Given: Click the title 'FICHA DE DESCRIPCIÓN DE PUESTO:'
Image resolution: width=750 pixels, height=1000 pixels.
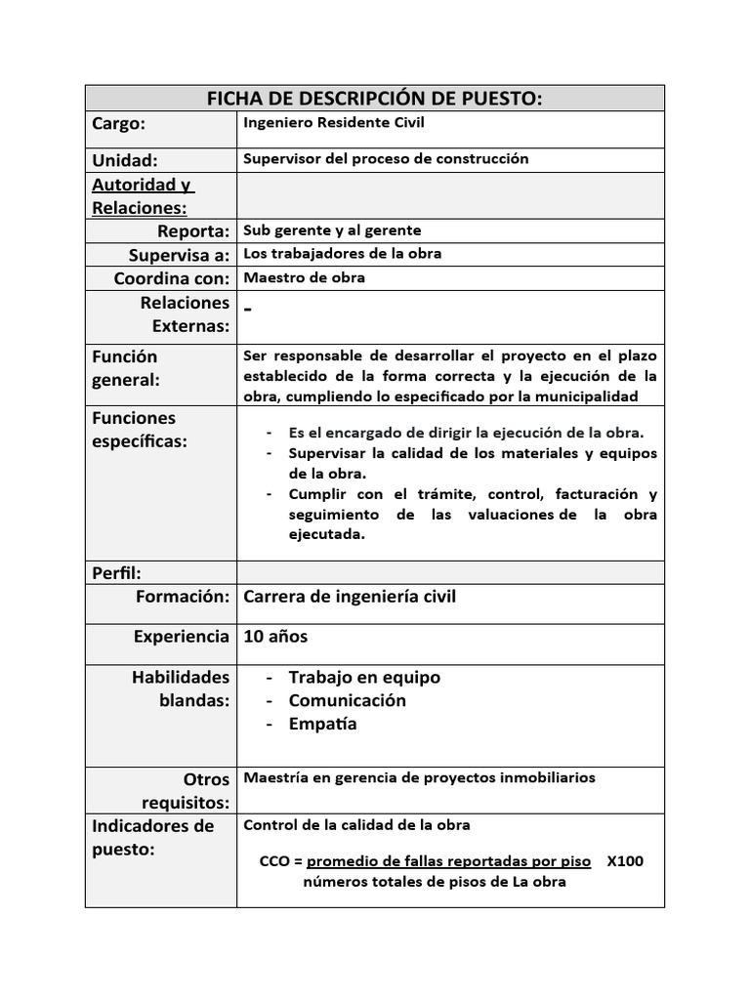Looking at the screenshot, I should point(374,98).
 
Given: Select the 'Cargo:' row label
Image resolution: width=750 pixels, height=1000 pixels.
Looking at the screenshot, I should point(118,124).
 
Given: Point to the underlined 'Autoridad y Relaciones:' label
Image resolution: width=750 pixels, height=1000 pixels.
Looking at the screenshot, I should point(143,196).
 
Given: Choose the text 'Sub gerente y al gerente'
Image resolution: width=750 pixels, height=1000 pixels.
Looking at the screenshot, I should point(332,230).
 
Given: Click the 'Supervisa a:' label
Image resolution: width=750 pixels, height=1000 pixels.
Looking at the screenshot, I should point(179,255).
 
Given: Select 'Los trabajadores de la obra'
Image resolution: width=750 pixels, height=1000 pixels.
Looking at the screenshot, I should point(342,254).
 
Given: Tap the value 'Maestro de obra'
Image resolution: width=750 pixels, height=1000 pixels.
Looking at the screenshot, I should point(304,277).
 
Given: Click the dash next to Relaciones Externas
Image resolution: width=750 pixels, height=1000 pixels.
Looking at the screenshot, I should point(248,309).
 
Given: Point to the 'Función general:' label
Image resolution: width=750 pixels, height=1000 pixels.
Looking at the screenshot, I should point(126,368).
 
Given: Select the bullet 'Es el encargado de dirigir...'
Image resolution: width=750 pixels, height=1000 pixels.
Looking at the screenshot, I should point(466,433).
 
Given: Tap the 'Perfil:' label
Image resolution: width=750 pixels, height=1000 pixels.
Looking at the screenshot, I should point(116,573).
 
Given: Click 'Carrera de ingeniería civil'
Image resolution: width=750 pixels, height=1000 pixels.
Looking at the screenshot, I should point(349,597).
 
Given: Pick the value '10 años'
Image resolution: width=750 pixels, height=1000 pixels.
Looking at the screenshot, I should point(275,637).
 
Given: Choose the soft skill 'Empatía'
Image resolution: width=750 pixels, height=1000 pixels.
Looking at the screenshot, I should point(322,724).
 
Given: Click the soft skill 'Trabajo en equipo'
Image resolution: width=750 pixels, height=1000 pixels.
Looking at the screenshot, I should point(364,677).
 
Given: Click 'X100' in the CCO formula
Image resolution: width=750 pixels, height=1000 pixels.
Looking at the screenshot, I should point(624,861).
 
